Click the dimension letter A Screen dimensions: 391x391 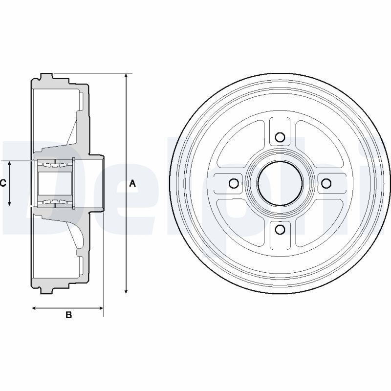click(x=132, y=184)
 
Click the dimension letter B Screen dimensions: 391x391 click(x=68, y=315)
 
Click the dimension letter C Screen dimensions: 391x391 click(x=3, y=183)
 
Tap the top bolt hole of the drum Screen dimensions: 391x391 click(x=280, y=137)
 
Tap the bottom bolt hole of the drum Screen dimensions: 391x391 click(x=281, y=229)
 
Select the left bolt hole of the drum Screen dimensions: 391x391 click(x=234, y=184)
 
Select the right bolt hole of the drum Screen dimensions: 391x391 click(x=326, y=184)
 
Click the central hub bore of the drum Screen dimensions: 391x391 click(x=280, y=184)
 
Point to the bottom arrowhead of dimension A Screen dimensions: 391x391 click(x=126, y=291)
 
